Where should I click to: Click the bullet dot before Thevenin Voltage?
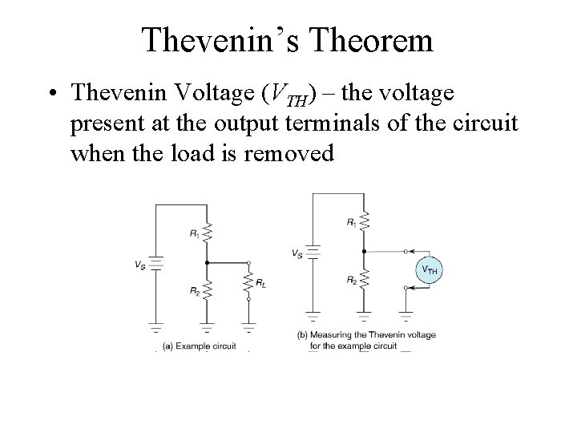50,95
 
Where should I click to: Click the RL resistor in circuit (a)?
248,280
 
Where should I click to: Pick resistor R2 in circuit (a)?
207,288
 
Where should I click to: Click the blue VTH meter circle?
428,270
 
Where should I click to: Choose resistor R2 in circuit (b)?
364,278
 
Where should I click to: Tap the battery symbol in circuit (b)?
313,253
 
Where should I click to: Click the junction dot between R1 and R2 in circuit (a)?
207,262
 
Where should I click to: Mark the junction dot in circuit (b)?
364,250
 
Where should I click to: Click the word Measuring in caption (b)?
335,334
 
